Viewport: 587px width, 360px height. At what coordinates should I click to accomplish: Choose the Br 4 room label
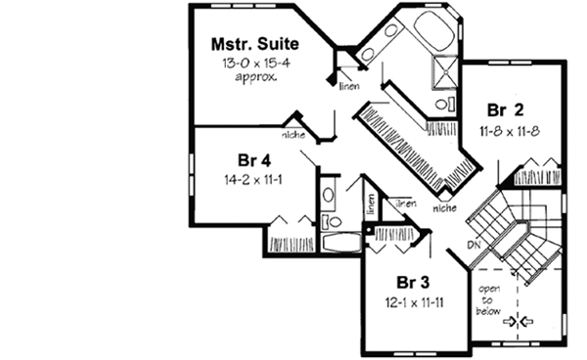tap(252, 160)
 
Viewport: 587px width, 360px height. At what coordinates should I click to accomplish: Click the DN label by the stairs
tap(474, 243)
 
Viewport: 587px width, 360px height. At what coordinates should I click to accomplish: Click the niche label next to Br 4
tap(293, 135)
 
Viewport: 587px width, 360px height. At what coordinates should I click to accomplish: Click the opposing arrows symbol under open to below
tap(517, 320)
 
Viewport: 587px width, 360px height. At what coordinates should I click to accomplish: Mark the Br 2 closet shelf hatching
tap(537, 177)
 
